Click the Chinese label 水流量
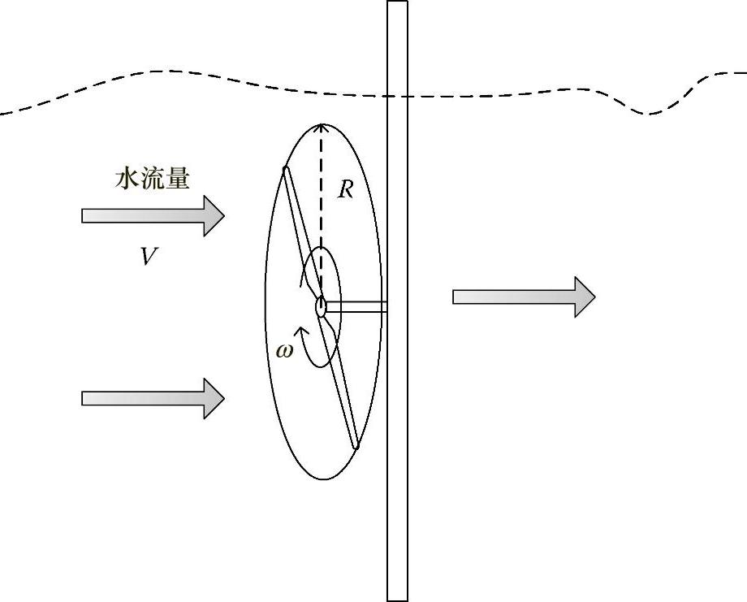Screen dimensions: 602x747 click(x=153, y=179)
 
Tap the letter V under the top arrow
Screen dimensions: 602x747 click(x=148, y=258)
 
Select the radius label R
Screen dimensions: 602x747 click(x=346, y=190)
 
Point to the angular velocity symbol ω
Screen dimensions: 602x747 click(x=283, y=350)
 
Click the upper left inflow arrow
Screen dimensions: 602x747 click(x=153, y=215)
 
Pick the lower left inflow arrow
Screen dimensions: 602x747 click(x=153, y=398)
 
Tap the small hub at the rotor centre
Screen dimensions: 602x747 click(x=322, y=307)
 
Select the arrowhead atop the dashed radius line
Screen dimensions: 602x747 click(x=322, y=127)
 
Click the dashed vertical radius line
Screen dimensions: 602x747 click(x=322, y=211)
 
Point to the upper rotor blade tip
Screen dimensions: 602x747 click(x=285, y=170)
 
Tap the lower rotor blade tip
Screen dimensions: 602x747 click(x=355, y=444)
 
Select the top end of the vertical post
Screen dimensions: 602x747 click(x=397, y=5)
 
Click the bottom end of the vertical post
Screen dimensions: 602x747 click(x=397, y=597)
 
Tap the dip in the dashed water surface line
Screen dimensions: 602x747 click(x=650, y=112)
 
